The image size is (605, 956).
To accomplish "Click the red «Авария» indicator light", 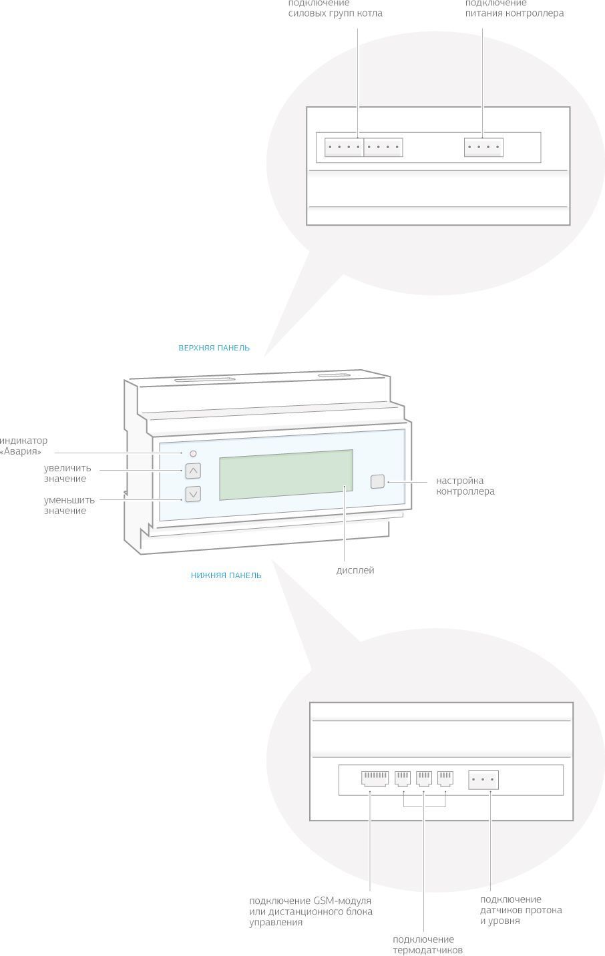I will [x=193, y=453].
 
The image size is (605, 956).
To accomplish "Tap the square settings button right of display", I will [x=378, y=481].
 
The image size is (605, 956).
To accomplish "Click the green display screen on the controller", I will [x=286, y=474].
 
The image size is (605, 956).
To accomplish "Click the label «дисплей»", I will [x=355, y=570].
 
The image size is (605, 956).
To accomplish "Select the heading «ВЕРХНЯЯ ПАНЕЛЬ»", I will [x=214, y=348].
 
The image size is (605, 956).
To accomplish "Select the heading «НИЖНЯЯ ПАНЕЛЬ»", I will [x=226, y=575].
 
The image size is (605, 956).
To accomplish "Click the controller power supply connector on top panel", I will [x=483, y=148].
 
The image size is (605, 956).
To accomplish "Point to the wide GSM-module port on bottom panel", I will [x=375, y=778].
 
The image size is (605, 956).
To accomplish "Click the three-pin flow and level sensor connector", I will [x=483, y=780].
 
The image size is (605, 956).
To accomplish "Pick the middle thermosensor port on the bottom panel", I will [x=424, y=778].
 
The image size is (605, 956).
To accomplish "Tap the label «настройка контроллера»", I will [x=465, y=486].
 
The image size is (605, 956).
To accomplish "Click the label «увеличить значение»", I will [x=67, y=473].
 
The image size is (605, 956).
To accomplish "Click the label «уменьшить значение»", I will [x=69, y=505].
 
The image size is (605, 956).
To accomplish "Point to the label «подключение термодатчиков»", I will [x=427, y=945].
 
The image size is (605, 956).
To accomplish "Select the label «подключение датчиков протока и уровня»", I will [x=521, y=910].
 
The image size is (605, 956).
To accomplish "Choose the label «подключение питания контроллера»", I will [x=514, y=9].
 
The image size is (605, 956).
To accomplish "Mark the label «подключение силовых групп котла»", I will [x=335, y=9].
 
